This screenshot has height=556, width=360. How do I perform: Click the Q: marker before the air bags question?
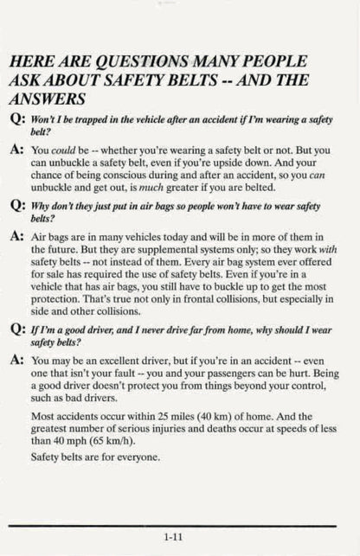click(17, 208)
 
